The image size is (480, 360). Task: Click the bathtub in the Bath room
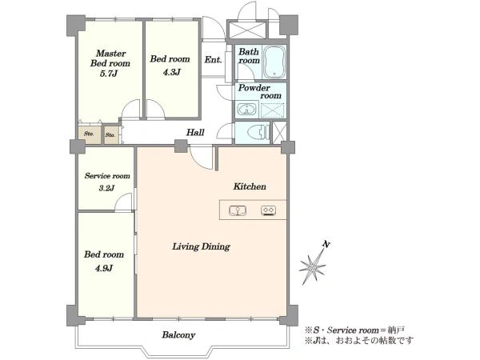274,62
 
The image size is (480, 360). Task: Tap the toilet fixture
259,133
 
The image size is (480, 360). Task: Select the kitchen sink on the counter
238,210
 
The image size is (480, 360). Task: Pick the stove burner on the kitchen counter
269,210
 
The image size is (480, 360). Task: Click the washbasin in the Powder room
247,109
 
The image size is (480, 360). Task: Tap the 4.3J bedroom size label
171,72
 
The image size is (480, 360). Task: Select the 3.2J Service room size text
106,188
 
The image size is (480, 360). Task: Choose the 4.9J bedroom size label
104,269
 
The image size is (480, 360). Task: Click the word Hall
195,133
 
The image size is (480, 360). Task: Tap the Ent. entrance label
213,59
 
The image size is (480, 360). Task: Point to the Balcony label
178,335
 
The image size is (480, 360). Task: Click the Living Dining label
201,246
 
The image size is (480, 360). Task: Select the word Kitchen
250,186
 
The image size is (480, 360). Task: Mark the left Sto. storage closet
89,134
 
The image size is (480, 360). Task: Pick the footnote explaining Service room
354,330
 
